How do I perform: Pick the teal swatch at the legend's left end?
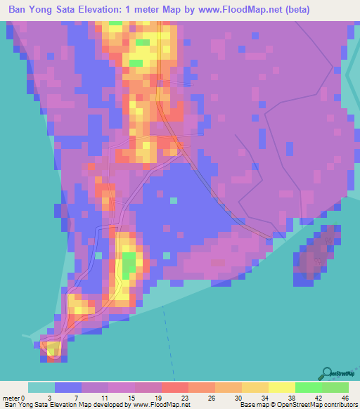[x=41, y=387]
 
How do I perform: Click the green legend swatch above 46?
[x=335, y=387]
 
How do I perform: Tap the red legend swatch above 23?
[x=174, y=387]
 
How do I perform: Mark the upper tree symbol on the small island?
[x=328, y=240]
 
